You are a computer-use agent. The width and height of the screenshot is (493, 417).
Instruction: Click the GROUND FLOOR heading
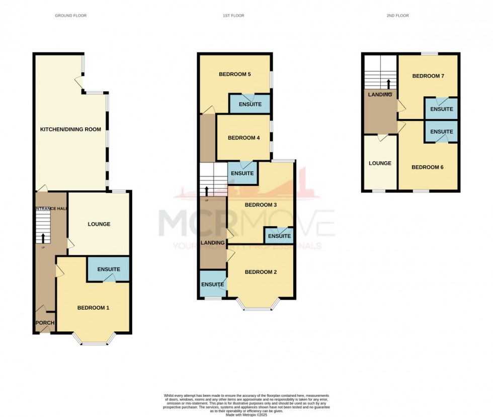pos(70,16)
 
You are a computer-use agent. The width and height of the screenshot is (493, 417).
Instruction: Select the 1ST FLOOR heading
pos(233,16)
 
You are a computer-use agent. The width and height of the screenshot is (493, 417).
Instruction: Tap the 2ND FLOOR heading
pos(397,16)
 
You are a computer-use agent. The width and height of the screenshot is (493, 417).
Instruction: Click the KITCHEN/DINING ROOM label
pos(70,129)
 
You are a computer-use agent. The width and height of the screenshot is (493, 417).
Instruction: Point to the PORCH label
pos(45,323)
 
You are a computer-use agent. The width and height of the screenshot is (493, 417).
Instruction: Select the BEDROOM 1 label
pos(93,308)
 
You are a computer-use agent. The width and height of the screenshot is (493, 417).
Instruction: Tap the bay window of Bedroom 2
pos(260,306)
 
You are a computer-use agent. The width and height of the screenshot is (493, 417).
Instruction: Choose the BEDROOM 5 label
pos(235,75)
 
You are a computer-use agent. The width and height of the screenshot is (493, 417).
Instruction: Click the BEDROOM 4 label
pos(243,137)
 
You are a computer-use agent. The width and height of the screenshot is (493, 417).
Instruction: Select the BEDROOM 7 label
pos(428,76)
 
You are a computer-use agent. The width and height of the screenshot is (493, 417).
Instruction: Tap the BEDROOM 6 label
pos(428,167)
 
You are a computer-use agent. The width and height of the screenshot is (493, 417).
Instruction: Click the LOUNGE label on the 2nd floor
pos(380,163)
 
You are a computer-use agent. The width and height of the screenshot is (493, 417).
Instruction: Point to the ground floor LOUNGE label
pos(99,224)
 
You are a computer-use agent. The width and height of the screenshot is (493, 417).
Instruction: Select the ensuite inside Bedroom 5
pos(250,104)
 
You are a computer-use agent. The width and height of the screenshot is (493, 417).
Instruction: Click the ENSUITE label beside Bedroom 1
pos(109,269)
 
